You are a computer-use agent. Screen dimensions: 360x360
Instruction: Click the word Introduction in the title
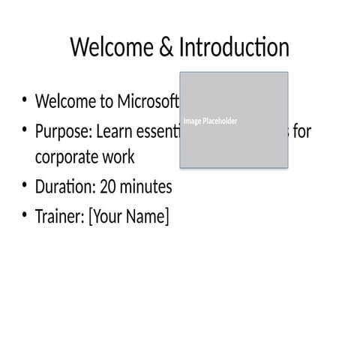click(x=234, y=48)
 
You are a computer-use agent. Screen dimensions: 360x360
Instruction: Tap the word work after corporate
click(x=119, y=158)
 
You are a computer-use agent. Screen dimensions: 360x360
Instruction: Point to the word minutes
click(x=146, y=186)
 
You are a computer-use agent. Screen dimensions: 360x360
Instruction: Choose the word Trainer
click(x=59, y=217)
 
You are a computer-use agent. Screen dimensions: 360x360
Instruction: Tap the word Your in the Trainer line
click(x=107, y=217)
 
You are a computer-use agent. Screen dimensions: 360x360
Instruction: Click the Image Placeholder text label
click(x=211, y=121)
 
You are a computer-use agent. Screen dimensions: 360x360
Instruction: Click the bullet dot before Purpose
click(x=24, y=130)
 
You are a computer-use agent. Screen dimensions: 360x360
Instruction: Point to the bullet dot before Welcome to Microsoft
click(x=24, y=100)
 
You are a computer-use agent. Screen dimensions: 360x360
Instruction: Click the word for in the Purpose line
click(x=301, y=132)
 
